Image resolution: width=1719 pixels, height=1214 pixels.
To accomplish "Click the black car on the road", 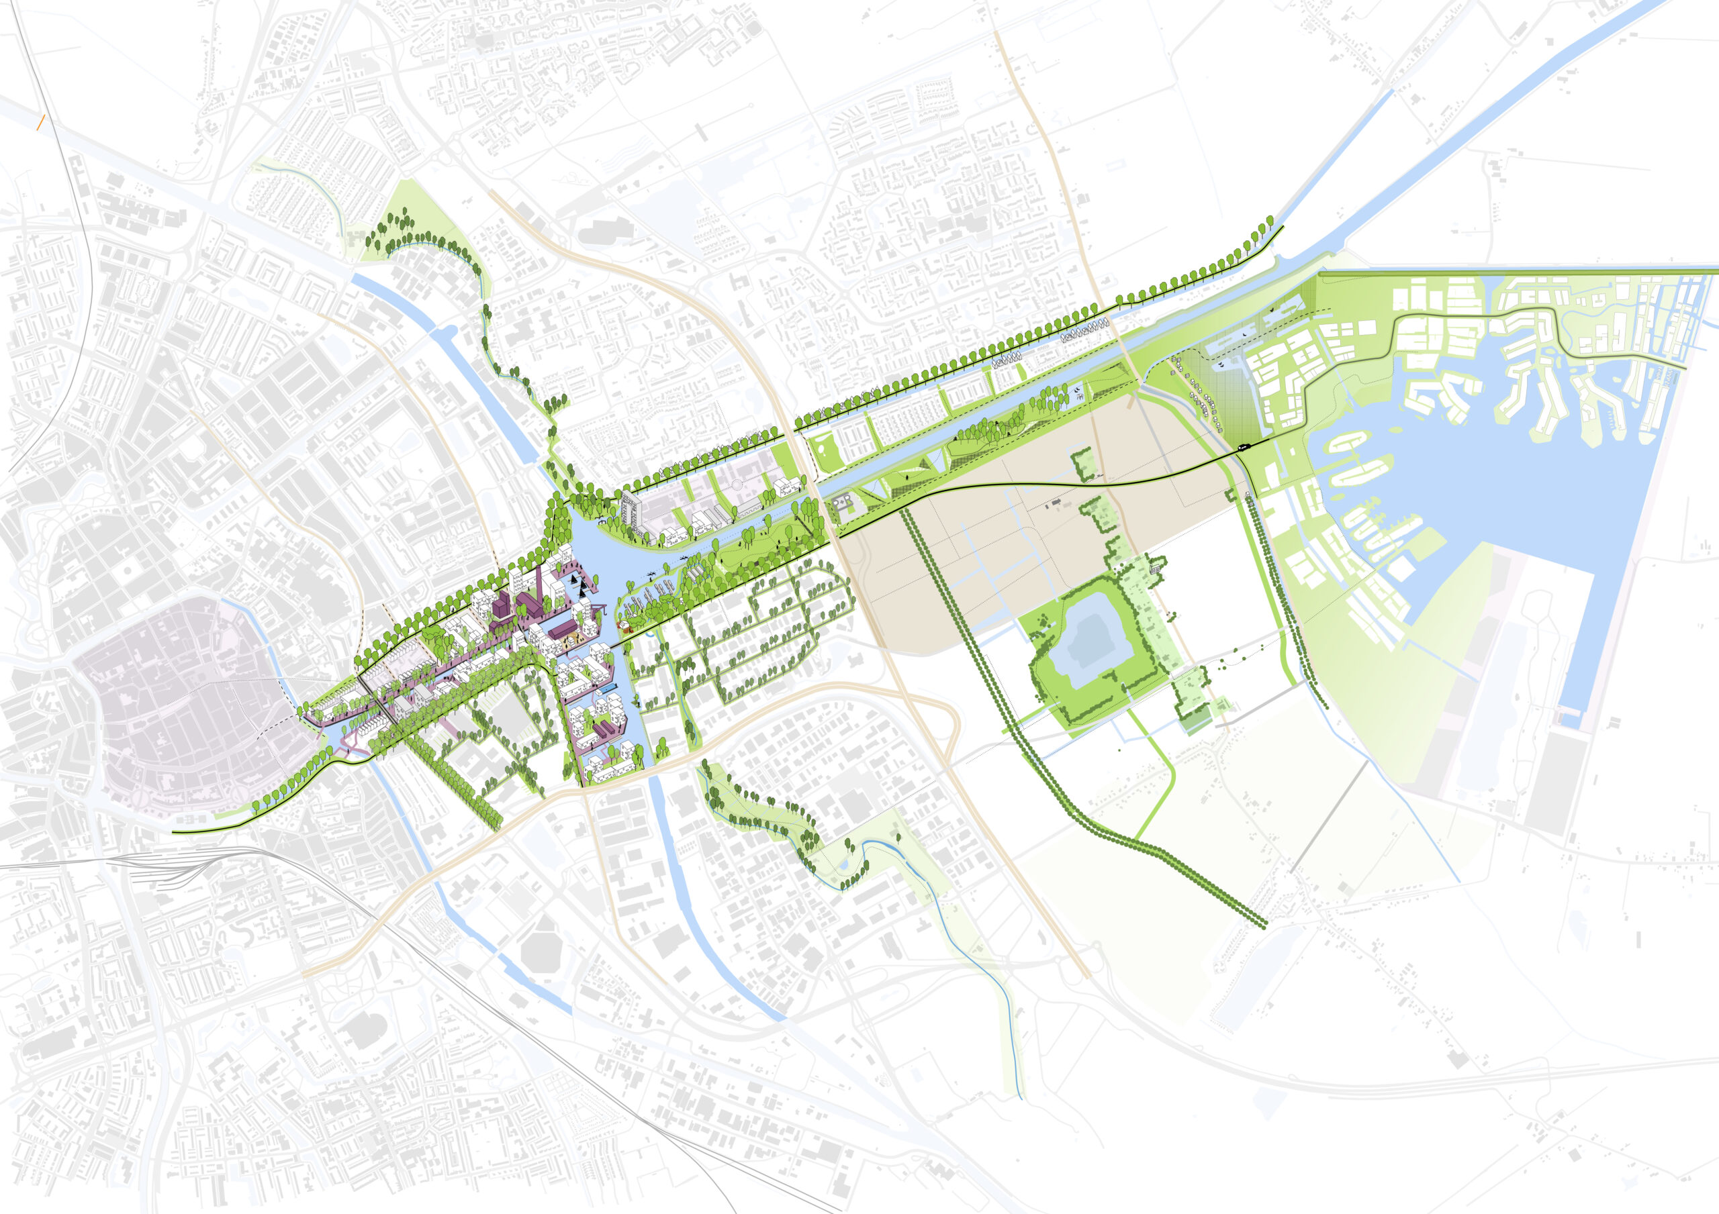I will tap(1244, 447).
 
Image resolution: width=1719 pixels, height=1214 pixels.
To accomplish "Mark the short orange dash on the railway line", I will tap(42, 123).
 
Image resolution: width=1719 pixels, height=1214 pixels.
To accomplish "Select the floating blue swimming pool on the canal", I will tap(611, 683).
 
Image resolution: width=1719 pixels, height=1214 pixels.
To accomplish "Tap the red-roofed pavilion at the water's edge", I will tap(621, 623).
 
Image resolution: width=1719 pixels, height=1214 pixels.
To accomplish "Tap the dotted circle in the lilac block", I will tap(737, 485).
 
